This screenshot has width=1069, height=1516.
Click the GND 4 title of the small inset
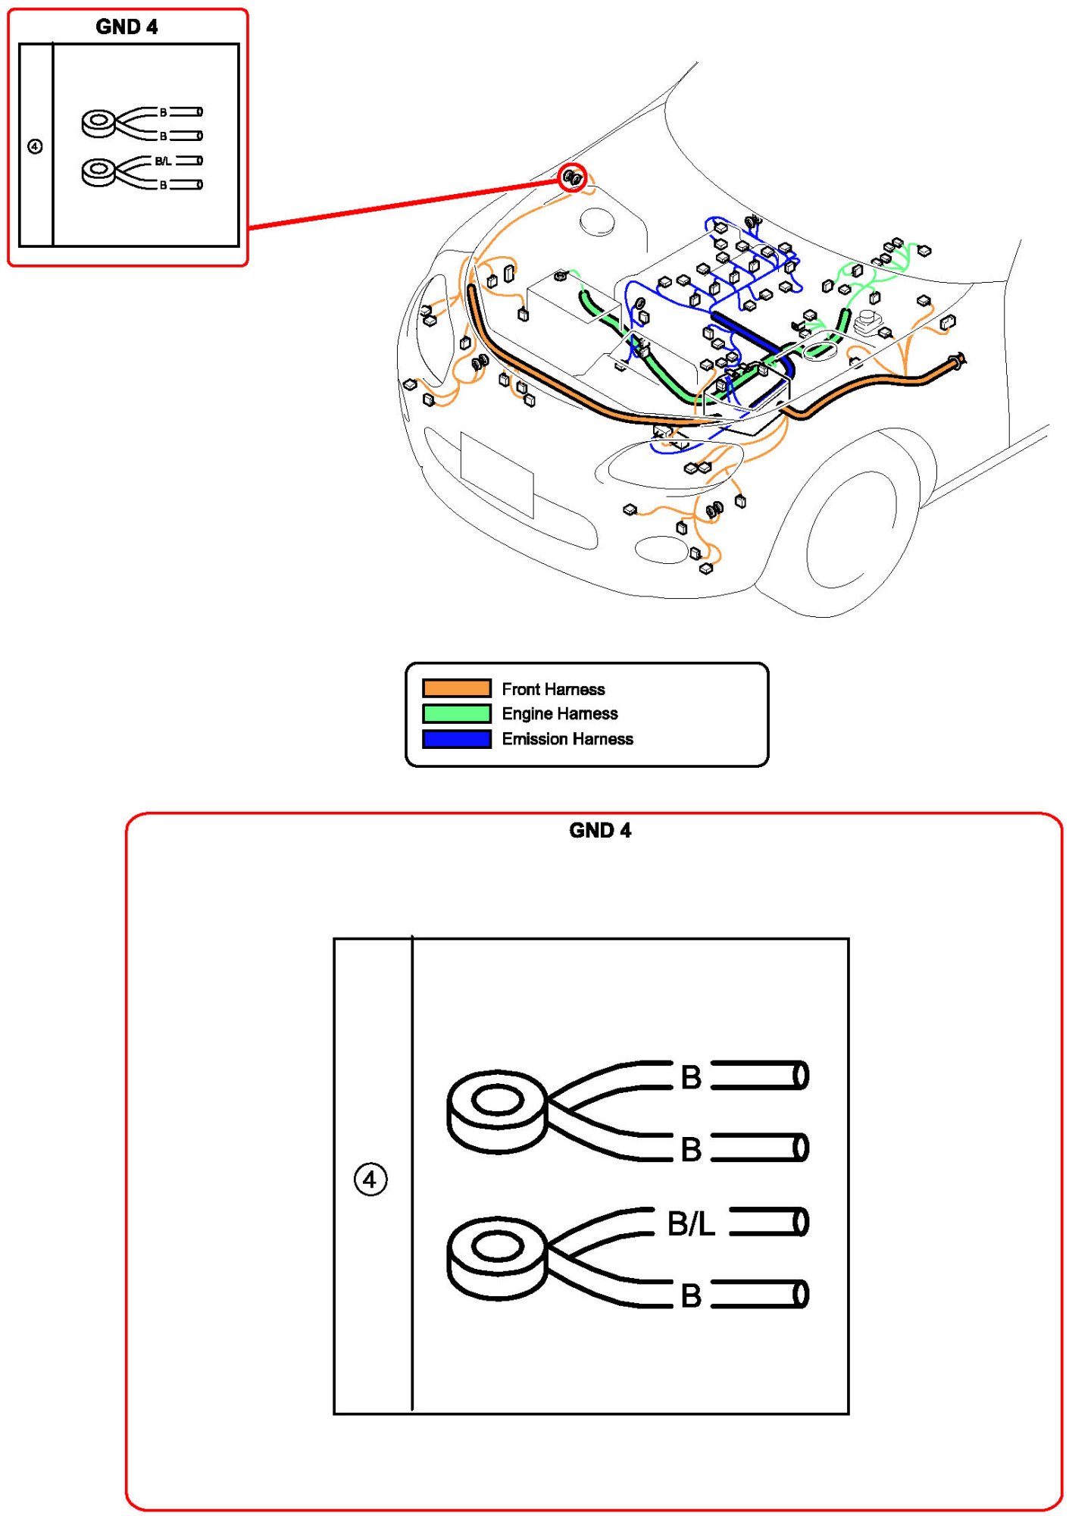pyautogui.click(x=127, y=27)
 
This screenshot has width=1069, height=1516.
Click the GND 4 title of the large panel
pyautogui.click(x=599, y=830)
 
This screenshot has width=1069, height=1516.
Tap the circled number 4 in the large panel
pyautogui.click(x=370, y=1179)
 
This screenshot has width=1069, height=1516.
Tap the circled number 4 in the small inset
pyautogui.click(x=35, y=146)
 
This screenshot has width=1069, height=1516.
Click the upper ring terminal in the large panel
pyautogui.click(x=497, y=1110)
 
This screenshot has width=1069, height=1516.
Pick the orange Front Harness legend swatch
pyautogui.click(x=456, y=688)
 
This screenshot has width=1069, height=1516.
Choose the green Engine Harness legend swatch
pyautogui.click(x=456, y=713)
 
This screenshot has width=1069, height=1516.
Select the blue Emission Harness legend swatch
pyautogui.click(x=456, y=739)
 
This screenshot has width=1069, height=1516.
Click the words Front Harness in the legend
pyautogui.click(x=553, y=689)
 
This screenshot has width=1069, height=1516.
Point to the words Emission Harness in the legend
pyautogui.click(x=567, y=739)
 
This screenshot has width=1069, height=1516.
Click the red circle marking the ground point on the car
pyautogui.click(x=573, y=178)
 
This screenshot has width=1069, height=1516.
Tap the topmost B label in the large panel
pyautogui.click(x=691, y=1077)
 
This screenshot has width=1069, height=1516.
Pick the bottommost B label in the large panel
pyautogui.click(x=691, y=1295)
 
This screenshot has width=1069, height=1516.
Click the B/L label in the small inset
pyautogui.click(x=163, y=161)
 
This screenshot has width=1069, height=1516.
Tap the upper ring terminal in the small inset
pyautogui.click(x=99, y=124)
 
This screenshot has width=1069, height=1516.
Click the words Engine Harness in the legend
pyautogui.click(x=559, y=714)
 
